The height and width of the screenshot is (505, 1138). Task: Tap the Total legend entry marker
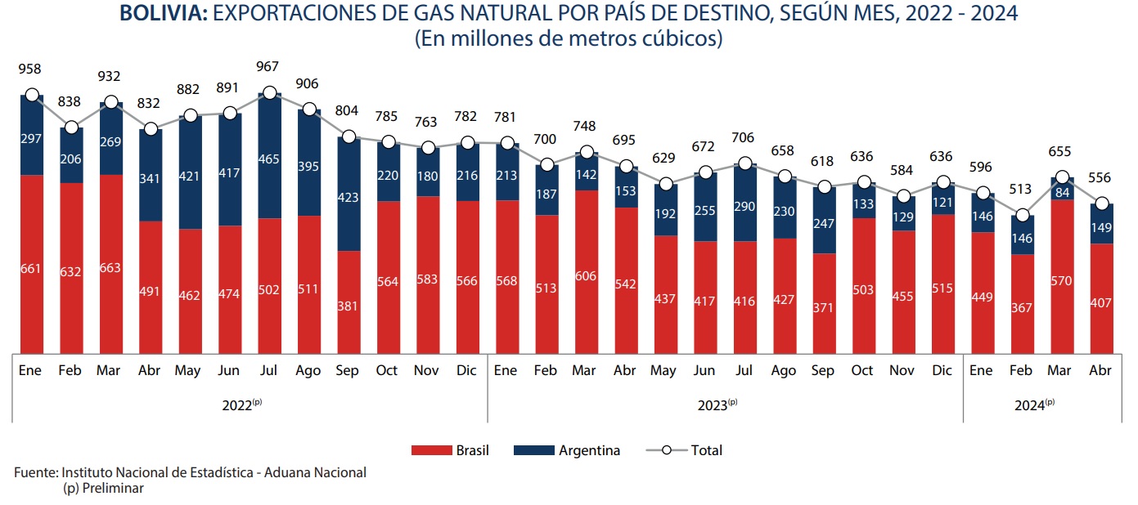tap(667, 450)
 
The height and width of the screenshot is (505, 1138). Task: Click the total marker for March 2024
tap(1060, 177)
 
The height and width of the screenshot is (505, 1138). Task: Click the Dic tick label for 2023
tap(942, 371)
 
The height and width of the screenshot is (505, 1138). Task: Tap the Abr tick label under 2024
tap(1100, 371)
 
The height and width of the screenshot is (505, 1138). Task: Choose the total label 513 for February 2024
tap(1021, 190)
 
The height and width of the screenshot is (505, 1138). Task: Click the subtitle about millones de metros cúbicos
tap(569, 39)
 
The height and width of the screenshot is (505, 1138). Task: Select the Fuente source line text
tap(190, 472)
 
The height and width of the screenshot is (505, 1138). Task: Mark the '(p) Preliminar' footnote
tap(102, 488)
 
